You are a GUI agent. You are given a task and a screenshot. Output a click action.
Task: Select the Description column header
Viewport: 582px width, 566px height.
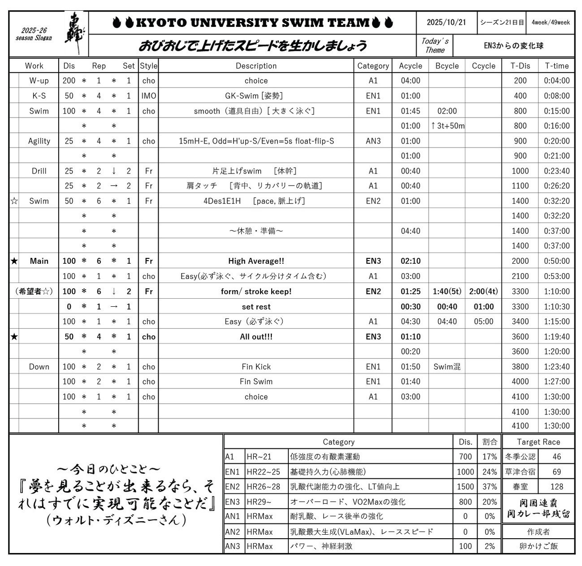coord(256,66)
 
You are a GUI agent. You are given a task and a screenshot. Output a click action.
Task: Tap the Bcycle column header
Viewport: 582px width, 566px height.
coord(447,66)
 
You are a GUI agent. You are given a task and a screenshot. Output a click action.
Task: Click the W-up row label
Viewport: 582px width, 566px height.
coord(39,81)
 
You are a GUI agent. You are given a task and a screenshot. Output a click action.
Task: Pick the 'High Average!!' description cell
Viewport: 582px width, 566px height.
coord(256,261)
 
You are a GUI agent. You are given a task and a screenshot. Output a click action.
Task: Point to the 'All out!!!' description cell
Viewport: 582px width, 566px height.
coord(256,337)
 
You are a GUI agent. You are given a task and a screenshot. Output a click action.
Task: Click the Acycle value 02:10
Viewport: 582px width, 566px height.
coord(410,261)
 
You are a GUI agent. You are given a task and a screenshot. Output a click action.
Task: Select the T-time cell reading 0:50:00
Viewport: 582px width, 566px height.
coord(556,261)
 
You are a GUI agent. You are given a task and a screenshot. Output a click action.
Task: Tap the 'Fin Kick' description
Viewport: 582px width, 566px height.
coord(256,367)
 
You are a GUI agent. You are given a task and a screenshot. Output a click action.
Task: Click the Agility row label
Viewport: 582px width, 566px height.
coord(39,141)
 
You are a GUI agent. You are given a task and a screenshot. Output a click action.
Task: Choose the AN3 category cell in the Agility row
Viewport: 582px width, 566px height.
coord(373,141)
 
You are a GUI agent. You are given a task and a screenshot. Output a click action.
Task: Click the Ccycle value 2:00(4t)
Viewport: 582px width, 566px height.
coord(483,292)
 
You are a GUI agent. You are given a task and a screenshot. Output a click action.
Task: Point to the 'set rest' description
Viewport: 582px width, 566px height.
coord(256,307)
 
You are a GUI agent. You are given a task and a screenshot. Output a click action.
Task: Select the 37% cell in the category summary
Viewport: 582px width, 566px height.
coord(489,487)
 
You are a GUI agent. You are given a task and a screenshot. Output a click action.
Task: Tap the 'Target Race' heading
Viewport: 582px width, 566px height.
coord(538,442)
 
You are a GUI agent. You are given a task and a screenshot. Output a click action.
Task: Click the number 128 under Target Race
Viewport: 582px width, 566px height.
coord(556,487)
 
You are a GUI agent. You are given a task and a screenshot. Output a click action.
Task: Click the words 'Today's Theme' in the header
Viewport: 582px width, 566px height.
coord(434,46)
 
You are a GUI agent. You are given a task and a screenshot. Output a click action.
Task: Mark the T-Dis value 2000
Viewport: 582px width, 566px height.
coord(520,261)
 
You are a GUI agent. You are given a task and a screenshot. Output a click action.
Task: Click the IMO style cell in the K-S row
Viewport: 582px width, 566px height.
coord(148,96)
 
